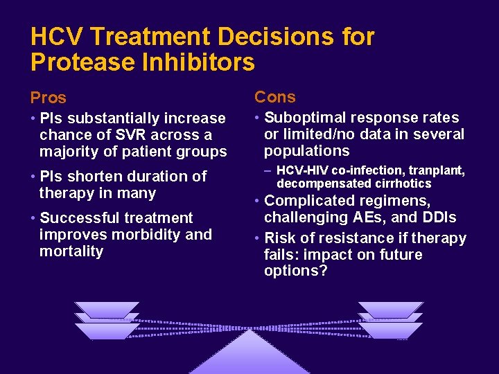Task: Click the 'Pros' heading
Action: (x=49, y=98)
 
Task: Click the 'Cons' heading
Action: (x=274, y=97)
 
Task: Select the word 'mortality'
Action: (x=71, y=251)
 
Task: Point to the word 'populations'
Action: (x=306, y=151)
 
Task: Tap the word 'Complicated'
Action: (x=309, y=201)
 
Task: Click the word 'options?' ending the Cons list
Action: (x=295, y=271)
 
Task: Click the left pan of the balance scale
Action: (x=107, y=319)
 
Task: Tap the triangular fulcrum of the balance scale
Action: (x=249, y=353)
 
